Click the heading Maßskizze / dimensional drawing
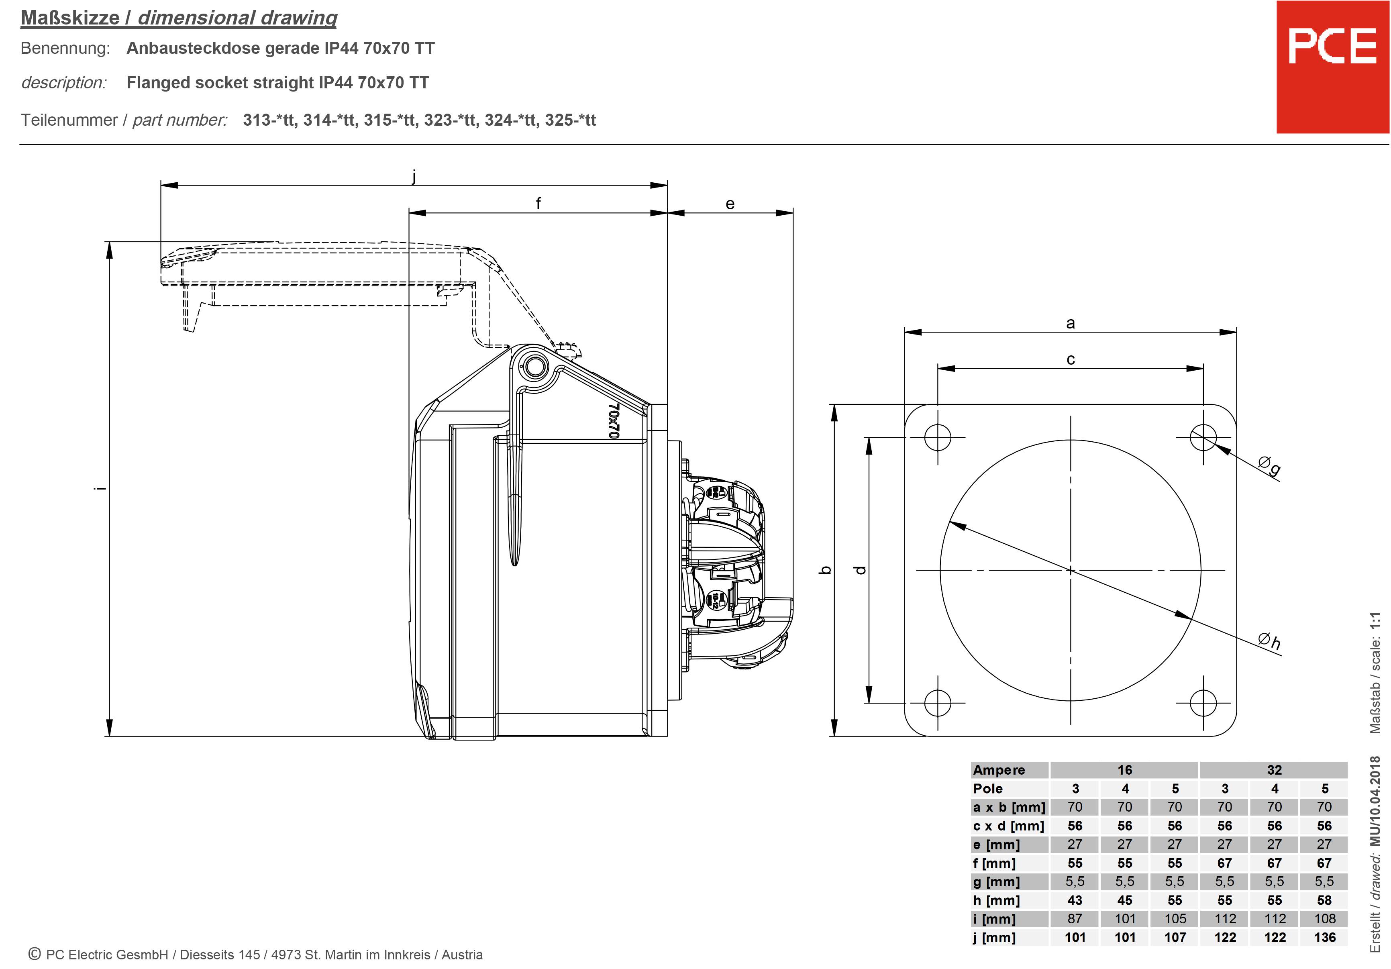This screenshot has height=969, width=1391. pyautogui.click(x=179, y=18)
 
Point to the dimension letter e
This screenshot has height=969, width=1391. pyautogui.click(x=730, y=204)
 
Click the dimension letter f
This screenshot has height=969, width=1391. pyautogui.click(x=538, y=204)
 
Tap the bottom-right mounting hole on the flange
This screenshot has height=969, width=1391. pyautogui.click(x=1203, y=703)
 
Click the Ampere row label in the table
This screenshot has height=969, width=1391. pyautogui.click(x=999, y=770)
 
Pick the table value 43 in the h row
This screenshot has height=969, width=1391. pyautogui.click(x=1075, y=900)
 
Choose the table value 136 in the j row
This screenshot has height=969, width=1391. pyautogui.click(x=1324, y=938)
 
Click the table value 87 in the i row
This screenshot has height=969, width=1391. pyautogui.click(x=1075, y=919)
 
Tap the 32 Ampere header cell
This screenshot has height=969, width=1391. pyautogui.click(x=1274, y=770)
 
